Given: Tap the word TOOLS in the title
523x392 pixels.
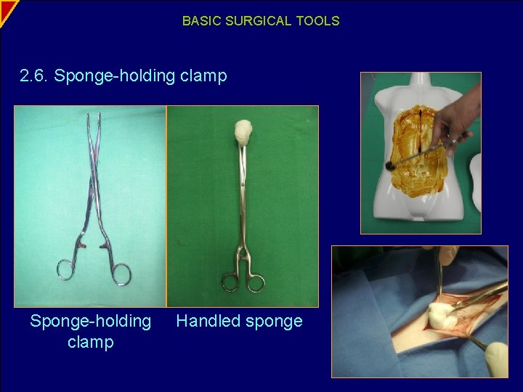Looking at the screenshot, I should (x=317, y=21).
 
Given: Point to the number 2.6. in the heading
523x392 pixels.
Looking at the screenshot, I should (x=35, y=75).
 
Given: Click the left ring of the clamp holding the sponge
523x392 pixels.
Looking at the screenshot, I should (x=230, y=282).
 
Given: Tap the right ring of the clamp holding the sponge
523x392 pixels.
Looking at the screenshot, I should (x=255, y=282).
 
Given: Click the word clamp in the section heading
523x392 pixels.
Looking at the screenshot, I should (x=204, y=75).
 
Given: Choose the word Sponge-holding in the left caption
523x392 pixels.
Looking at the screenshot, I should (x=91, y=321).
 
